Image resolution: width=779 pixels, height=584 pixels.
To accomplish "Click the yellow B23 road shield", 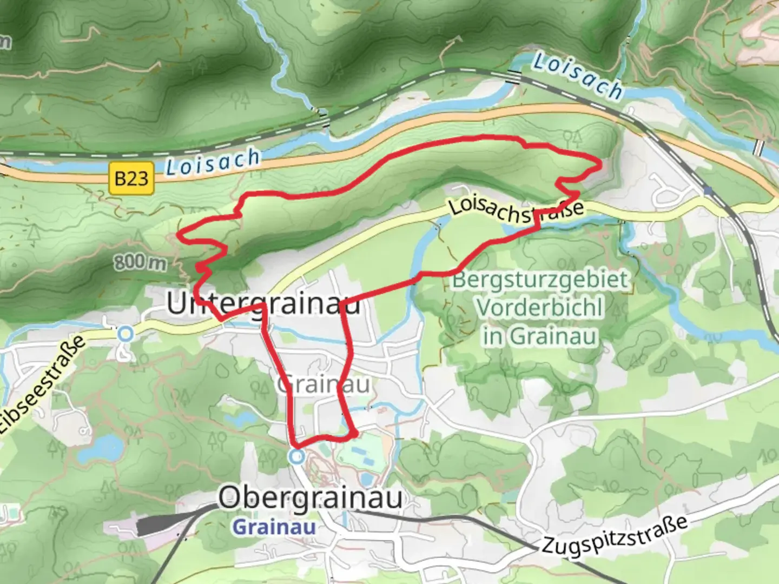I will pos(131,178).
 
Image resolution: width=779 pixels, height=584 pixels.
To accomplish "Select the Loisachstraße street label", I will pos(516,211).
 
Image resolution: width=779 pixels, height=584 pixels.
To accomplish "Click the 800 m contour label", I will pos(140,263).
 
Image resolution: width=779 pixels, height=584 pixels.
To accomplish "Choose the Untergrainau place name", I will pos(263,304).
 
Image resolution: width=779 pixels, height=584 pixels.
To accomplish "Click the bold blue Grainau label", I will pos(274,527).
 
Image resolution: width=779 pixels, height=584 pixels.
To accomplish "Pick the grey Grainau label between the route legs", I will pos(324,385).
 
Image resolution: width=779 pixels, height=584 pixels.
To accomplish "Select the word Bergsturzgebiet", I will pos(541,280).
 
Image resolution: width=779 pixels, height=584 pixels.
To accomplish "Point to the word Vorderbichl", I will pos(539,308).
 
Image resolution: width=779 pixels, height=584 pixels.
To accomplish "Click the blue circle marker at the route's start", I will pos(296,457).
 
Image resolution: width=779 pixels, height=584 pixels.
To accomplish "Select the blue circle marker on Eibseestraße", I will pos(126,334).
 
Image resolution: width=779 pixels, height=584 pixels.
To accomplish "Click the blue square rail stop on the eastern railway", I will pos(707,190).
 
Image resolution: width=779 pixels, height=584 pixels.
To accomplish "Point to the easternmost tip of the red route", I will pos(602,165).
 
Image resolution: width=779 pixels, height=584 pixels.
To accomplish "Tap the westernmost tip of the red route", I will pos(179,236).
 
